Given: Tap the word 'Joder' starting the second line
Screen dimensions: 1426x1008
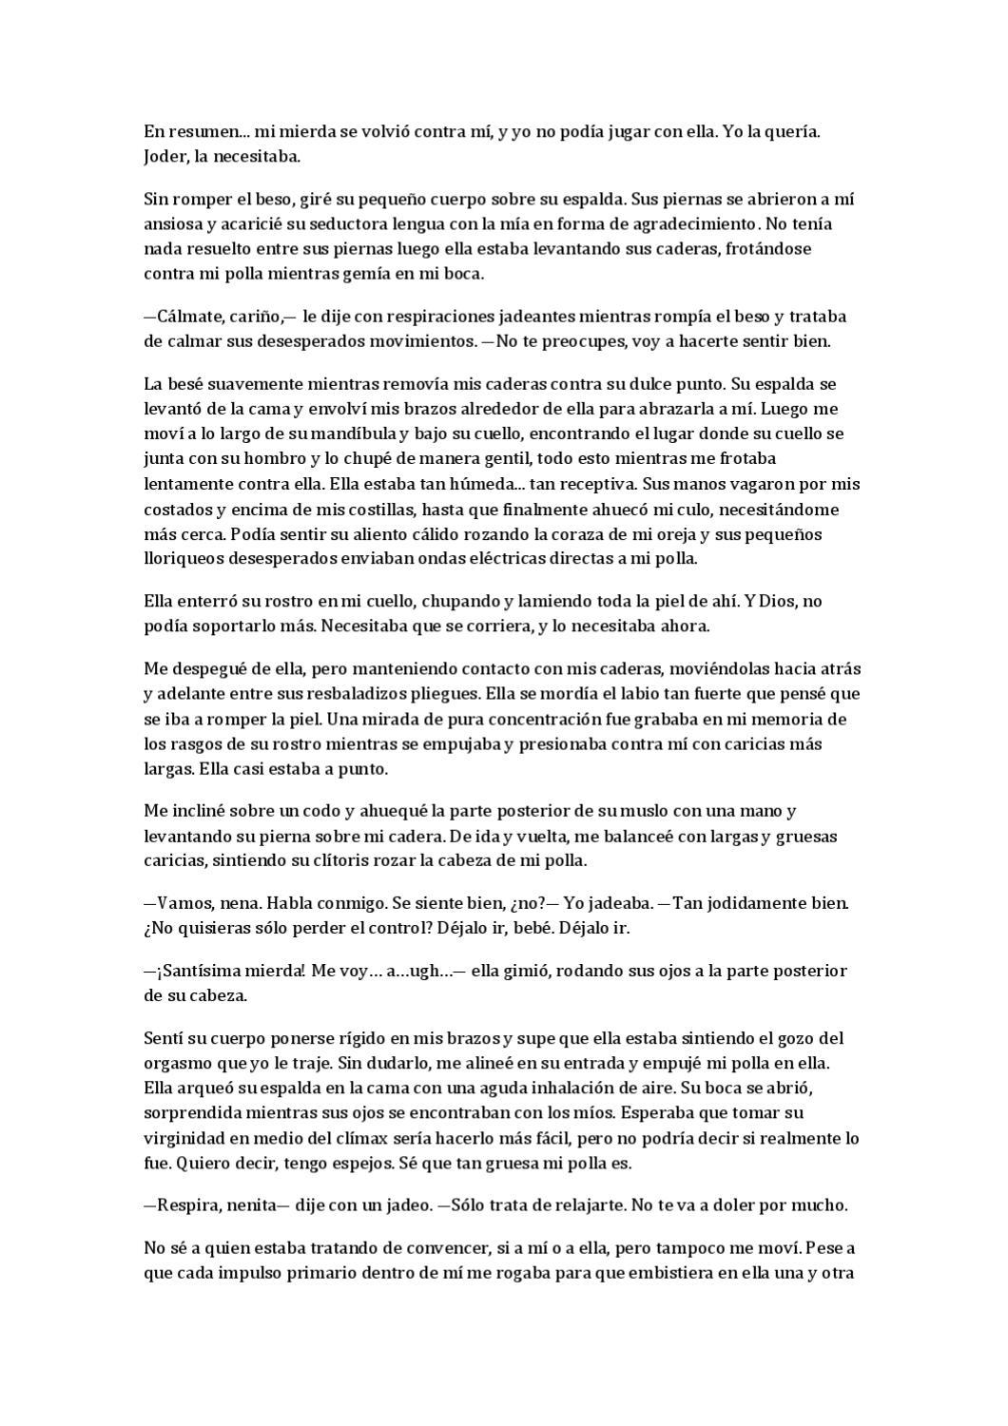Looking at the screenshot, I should coord(164,157).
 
